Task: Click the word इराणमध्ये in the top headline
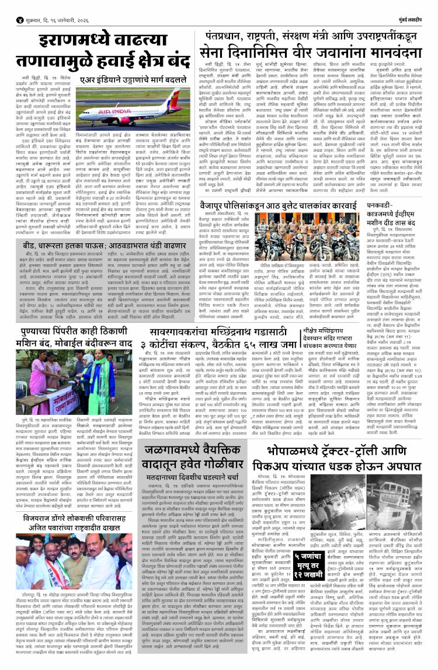tap(78, 44)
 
